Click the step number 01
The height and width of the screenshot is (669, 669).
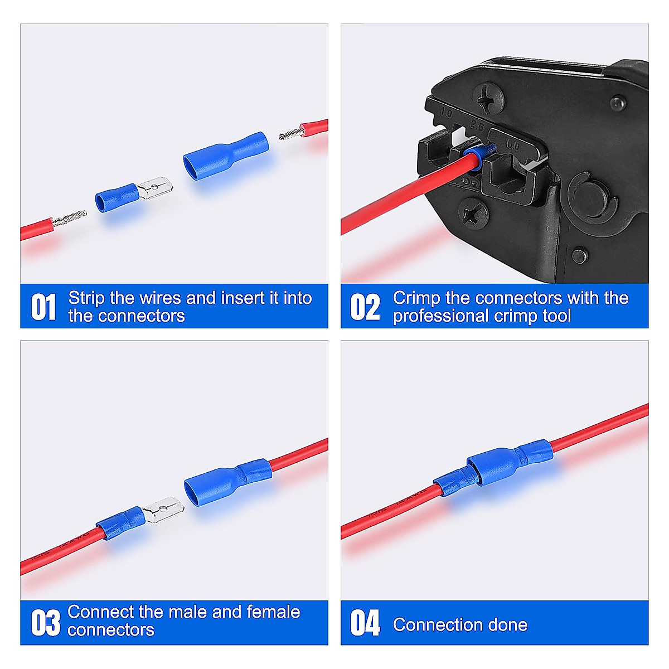[43, 307]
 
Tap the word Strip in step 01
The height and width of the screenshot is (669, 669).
[86, 298]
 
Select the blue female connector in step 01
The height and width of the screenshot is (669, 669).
[225, 156]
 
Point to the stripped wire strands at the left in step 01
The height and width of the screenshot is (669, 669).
[70, 219]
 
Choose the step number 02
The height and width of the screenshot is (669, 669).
[365, 307]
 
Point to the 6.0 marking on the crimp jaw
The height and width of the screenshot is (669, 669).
[512, 146]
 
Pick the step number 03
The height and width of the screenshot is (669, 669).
[45, 623]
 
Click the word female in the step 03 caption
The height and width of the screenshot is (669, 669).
[273, 612]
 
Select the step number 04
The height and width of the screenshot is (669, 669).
[365, 623]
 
